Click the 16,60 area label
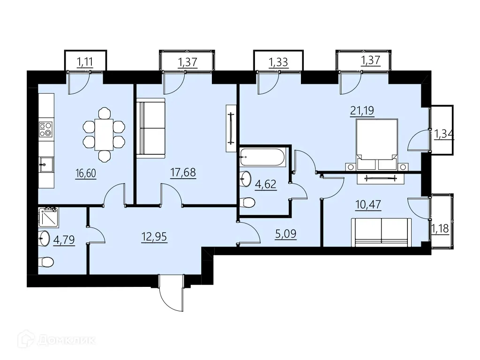click(x=86, y=173)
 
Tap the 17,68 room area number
click(x=183, y=172)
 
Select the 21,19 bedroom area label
click(x=362, y=110)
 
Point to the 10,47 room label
click(x=368, y=204)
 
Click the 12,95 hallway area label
click(x=154, y=237)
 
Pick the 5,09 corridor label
click(x=286, y=234)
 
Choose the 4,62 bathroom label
click(x=266, y=184)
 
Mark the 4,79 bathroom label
click(x=64, y=240)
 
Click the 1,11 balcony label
click(x=85, y=62)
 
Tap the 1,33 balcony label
click(x=278, y=62)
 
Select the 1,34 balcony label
click(x=444, y=134)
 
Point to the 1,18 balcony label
click(x=440, y=228)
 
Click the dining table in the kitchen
click(x=104, y=135)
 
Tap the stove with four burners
click(x=45, y=129)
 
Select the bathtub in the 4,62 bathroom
click(x=262, y=157)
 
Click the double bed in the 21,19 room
click(x=377, y=144)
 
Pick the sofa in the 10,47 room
click(x=382, y=232)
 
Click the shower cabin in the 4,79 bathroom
click(x=48, y=217)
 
